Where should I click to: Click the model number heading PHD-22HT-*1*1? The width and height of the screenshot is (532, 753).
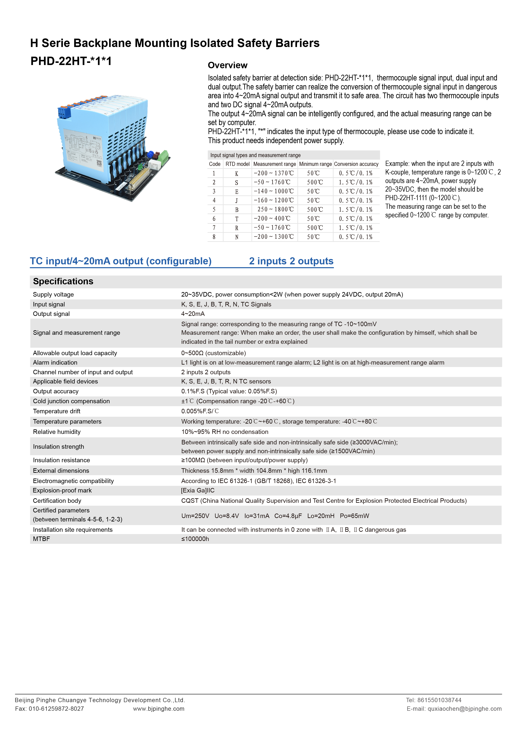(x=71, y=61)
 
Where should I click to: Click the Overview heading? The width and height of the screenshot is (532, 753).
(x=228, y=65)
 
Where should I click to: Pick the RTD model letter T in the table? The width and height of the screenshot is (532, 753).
(x=237, y=219)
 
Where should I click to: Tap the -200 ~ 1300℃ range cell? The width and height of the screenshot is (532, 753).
(x=274, y=237)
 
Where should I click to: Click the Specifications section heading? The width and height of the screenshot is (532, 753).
(x=63, y=281)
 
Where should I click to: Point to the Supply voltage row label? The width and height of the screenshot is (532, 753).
(x=53, y=294)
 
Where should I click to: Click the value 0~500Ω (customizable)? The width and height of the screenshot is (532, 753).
(x=213, y=353)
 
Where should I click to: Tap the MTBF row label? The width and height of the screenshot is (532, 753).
(x=41, y=539)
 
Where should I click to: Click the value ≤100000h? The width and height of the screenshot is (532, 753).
(x=195, y=539)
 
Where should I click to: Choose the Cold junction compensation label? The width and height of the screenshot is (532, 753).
(x=71, y=401)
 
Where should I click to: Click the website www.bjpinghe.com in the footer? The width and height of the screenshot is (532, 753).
(x=159, y=709)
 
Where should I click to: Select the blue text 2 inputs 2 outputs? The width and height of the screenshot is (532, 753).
(x=291, y=261)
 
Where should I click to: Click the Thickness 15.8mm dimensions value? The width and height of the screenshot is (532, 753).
(x=254, y=471)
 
